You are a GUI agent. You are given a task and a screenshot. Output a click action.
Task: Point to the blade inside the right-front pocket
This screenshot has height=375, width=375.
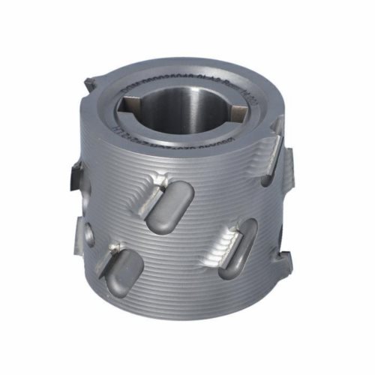click(x=226, y=240)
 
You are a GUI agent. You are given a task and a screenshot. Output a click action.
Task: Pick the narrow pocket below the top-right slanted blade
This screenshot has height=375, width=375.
click(x=266, y=176)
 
